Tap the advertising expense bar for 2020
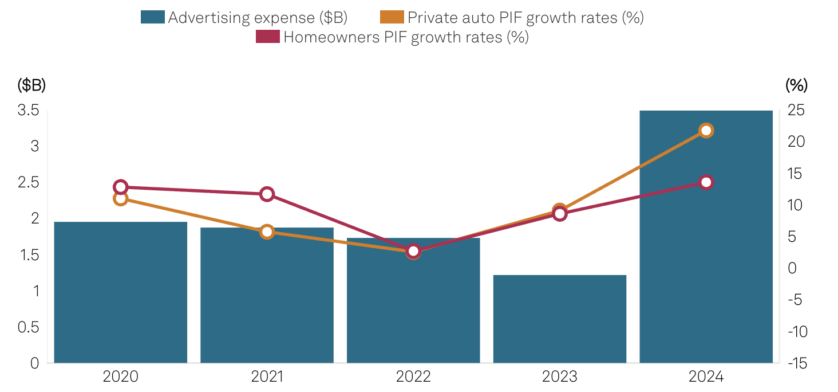coord(120,292)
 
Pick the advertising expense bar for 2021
coord(267,295)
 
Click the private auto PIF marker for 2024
coord(706,131)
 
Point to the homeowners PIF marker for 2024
coord(706,182)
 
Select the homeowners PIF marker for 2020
coord(120,187)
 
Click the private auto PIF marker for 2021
coord(267,232)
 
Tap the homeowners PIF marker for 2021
coord(267,194)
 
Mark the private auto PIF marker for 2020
coord(120,199)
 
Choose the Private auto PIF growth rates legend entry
coord(512,18)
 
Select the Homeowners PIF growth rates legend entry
coord(392,37)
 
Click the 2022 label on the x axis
coord(413,377)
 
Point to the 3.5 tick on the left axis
coord(28,110)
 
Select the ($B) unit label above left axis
coord(31,85)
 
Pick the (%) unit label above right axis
coord(796,85)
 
